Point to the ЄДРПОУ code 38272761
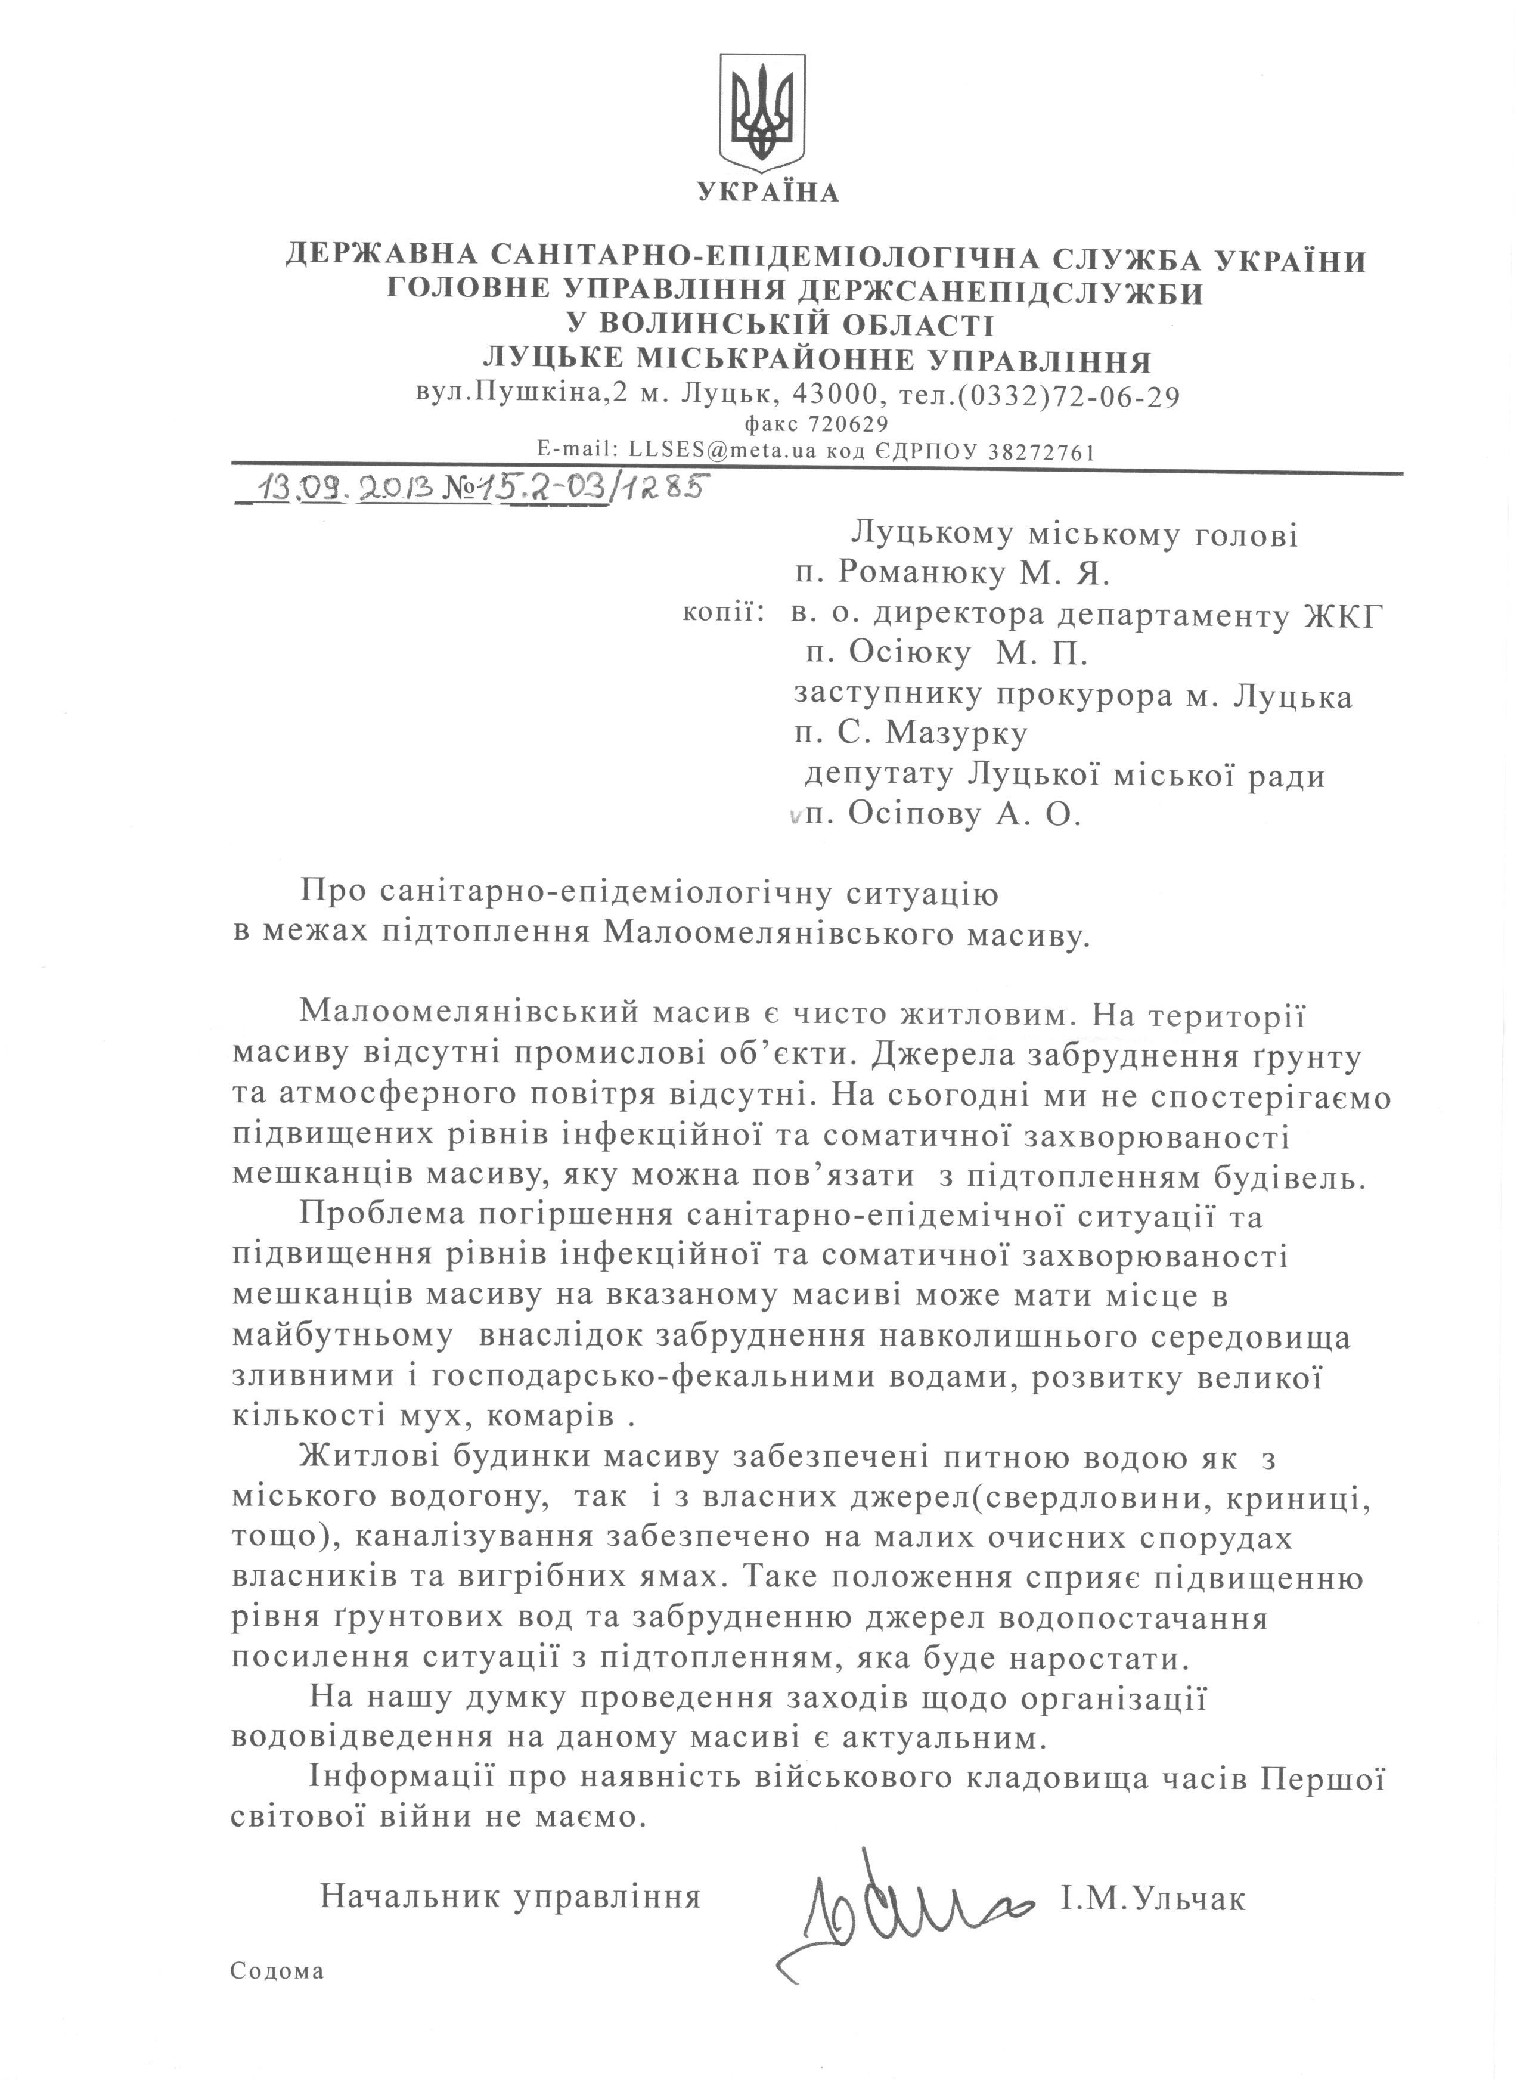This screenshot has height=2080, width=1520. pos(1027,452)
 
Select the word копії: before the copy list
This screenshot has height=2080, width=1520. pos(723,611)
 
